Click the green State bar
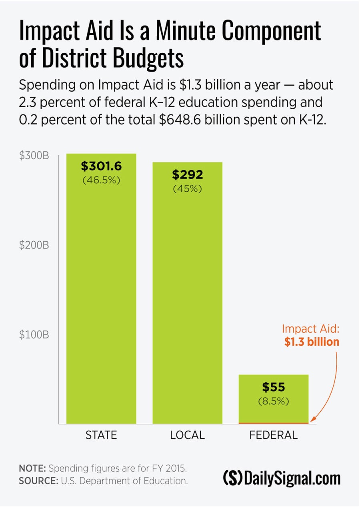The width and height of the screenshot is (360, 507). pos(101,300)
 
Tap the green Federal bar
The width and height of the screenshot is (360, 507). pos(274,412)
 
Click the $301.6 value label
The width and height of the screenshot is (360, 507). pos(101,166)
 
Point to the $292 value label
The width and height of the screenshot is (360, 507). pos(187,175)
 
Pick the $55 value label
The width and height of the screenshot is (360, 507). pos(274,387)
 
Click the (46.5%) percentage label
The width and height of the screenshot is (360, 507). pos(101,180)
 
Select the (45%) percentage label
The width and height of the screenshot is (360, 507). pos(187,189)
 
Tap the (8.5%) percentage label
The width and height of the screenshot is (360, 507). pos(274,401)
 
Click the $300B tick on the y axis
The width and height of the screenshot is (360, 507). pos(34,156)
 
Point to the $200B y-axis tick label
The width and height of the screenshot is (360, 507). pos(34,245)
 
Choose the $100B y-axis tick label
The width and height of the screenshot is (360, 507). pos(34,335)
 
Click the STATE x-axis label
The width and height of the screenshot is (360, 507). pos(101,435)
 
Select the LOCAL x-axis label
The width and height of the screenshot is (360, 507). pos(187,435)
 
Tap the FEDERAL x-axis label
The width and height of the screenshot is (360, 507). pos(274,435)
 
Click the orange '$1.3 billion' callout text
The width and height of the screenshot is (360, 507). pos(312,343)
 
